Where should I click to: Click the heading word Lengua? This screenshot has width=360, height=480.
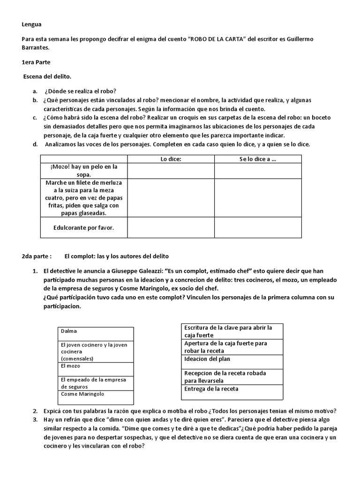pyautogui.click(x=32, y=25)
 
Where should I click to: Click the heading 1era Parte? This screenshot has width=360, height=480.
pyautogui.click(x=37, y=62)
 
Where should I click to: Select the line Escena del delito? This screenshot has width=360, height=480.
pyautogui.click(x=48, y=76)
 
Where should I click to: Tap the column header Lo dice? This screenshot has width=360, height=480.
pyautogui.click(x=171, y=159)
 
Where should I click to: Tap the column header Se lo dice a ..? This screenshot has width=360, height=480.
pyautogui.click(x=258, y=159)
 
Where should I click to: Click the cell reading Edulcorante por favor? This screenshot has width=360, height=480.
pyautogui.click(x=84, y=228)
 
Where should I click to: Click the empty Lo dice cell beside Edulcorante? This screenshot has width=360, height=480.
pyautogui.click(x=171, y=228)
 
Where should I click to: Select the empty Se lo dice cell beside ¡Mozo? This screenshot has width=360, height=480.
pyautogui.click(x=258, y=170)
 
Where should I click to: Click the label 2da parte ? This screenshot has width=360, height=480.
pyautogui.click(x=36, y=256)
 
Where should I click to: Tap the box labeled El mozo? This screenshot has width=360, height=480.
pyautogui.click(x=70, y=365)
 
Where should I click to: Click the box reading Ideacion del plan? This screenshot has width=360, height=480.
pyautogui.click(x=207, y=359)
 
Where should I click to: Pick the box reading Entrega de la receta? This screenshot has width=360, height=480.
pyautogui.click(x=211, y=389)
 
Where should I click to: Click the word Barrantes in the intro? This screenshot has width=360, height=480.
pyautogui.click(x=35, y=47)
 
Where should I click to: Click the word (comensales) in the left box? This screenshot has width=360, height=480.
pyautogui.click(x=77, y=358)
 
